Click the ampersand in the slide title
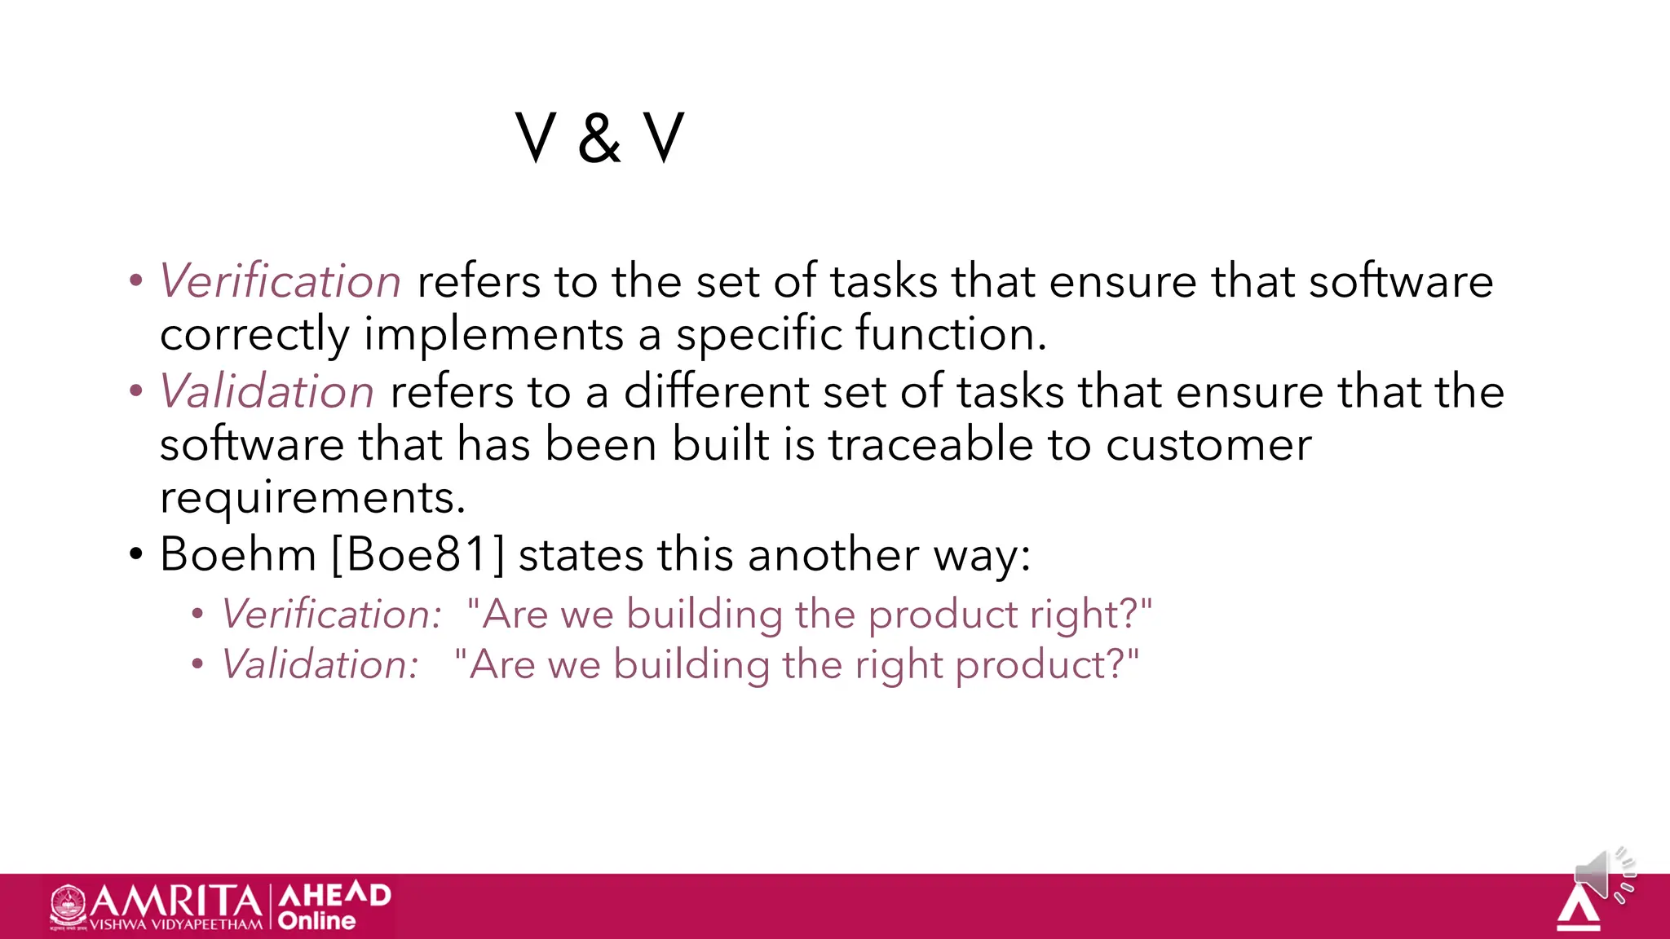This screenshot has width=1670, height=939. (x=599, y=139)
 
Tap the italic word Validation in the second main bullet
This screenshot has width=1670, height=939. (x=267, y=392)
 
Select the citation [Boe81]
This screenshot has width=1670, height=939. (x=418, y=555)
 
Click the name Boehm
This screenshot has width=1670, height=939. (x=238, y=555)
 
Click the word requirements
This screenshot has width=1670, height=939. (x=312, y=498)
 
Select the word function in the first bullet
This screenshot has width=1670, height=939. (x=950, y=334)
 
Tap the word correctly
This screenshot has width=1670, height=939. (x=254, y=336)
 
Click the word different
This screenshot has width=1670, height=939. (x=716, y=392)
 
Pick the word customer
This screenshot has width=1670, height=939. (x=1208, y=447)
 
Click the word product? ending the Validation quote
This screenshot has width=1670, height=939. (x=1047, y=665)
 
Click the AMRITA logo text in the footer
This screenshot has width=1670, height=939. (x=175, y=902)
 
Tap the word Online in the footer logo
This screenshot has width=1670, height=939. (x=316, y=921)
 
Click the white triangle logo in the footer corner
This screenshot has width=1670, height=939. (x=1578, y=908)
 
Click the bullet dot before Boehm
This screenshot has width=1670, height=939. (x=136, y=555)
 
